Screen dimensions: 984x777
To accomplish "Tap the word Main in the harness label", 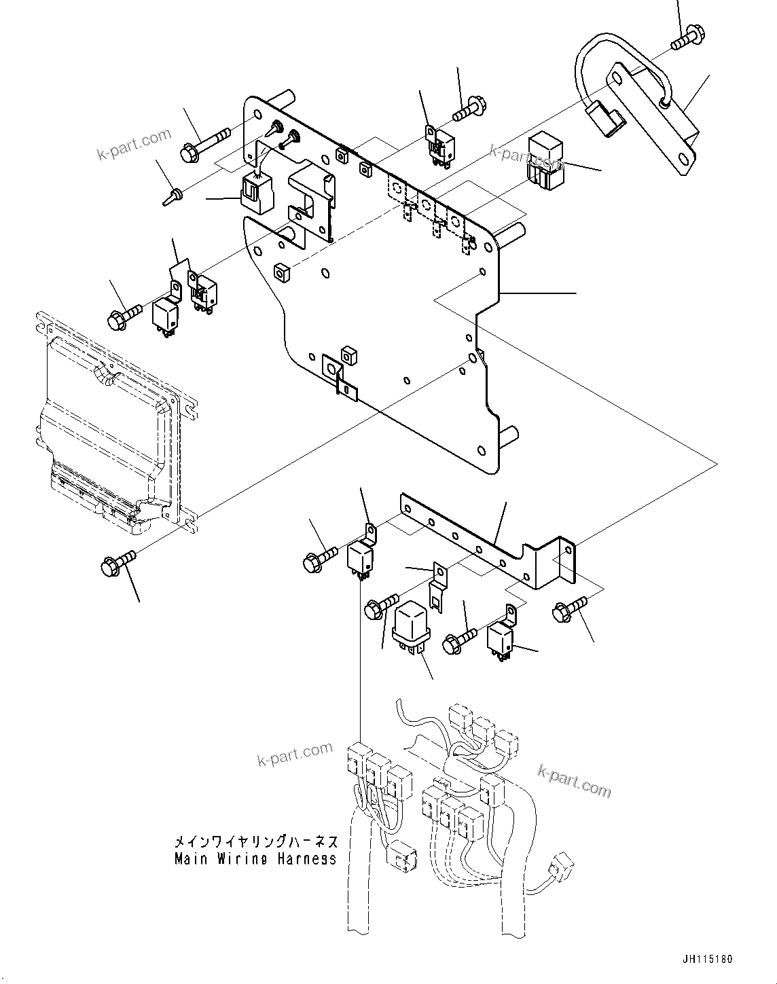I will (192, 858).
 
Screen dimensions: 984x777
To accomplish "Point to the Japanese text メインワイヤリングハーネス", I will (255, 842).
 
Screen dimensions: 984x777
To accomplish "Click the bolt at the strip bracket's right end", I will (571, 608).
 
